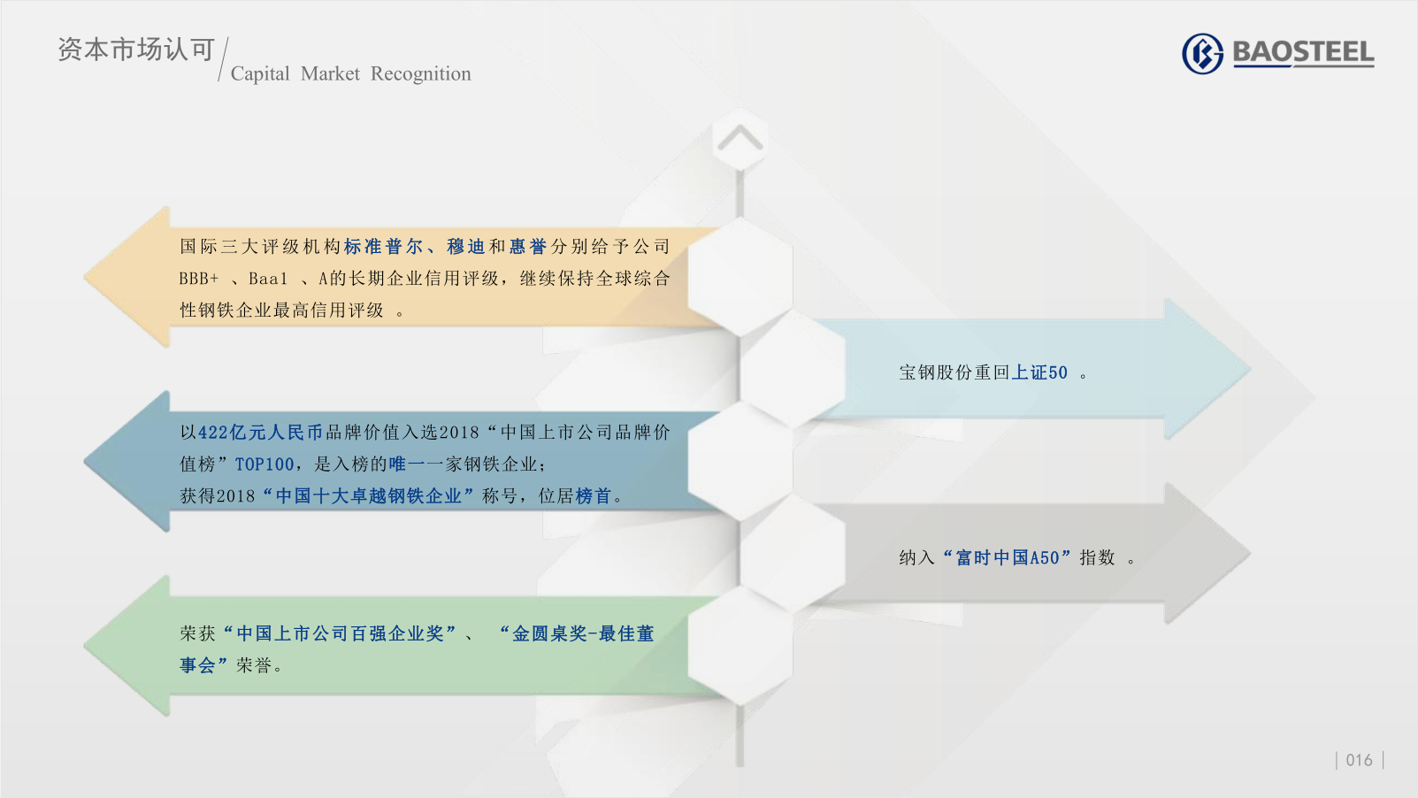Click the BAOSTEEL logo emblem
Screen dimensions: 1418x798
coord(1202,53)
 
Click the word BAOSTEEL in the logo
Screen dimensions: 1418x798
coord(1303,52)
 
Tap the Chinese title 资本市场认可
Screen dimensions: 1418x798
coord(136,50)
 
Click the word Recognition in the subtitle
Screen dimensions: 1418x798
coord(420,73)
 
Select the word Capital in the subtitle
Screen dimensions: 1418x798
coord(260,73)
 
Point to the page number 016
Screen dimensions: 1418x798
coord(1359,760)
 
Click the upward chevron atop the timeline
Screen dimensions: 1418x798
coord(740,138)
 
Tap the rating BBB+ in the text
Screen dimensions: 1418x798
coord(199,278)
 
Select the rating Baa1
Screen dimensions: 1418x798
coord(268,278)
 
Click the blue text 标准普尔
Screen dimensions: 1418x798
coord(383,246)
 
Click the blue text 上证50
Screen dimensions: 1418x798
coord(1039,372)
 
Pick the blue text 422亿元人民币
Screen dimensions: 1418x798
coord(260,433)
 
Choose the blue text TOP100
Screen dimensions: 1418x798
coord(264,464)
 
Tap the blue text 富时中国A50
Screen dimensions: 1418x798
coord(1008,557)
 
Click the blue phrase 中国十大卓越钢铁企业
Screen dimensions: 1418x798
coord(368,496)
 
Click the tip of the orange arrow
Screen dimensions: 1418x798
coord(85,277)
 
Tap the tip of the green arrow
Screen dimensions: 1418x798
coord(85,646)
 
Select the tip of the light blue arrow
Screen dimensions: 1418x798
coord(1250,369)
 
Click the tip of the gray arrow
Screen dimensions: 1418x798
coord(1250,554)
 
